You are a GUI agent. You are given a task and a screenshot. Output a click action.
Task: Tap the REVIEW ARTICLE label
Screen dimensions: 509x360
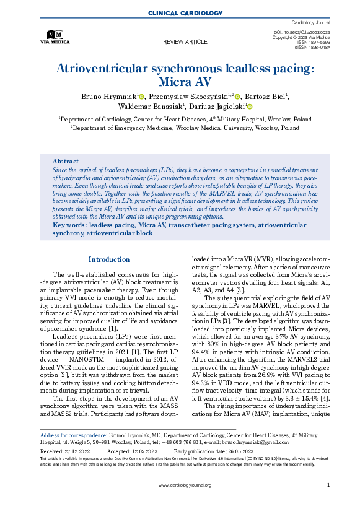[x=185, y=41]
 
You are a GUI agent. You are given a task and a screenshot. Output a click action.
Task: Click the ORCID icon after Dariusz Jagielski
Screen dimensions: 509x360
[x=250, y=107]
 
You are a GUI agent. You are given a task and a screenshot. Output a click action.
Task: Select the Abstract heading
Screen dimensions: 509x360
[x=65, y=160]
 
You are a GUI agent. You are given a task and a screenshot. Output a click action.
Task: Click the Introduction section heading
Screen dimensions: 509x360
[x=109, y=259]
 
